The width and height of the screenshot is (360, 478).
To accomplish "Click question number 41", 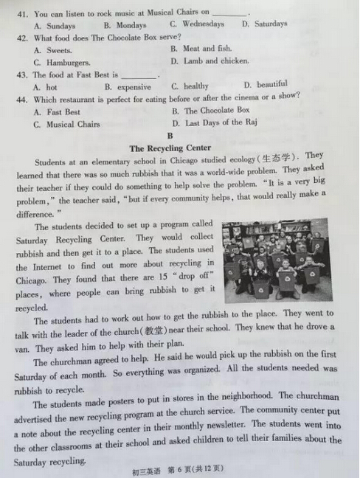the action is click(x=23, y=13).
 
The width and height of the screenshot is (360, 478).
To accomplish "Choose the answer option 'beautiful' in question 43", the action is click(x=272, y=85).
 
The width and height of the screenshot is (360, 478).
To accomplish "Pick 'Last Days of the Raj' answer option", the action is click(x=221, y=122).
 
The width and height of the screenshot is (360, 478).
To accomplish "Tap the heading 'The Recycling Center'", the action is click(x=170, y=148).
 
